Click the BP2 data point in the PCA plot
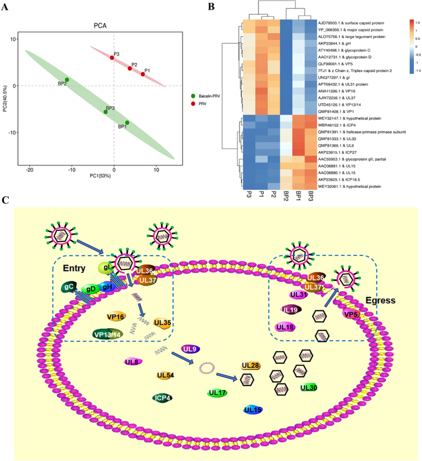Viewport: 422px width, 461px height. pos(66,80)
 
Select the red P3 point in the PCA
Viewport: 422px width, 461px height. pos(112,57)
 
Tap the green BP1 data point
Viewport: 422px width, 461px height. pos(127,123)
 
